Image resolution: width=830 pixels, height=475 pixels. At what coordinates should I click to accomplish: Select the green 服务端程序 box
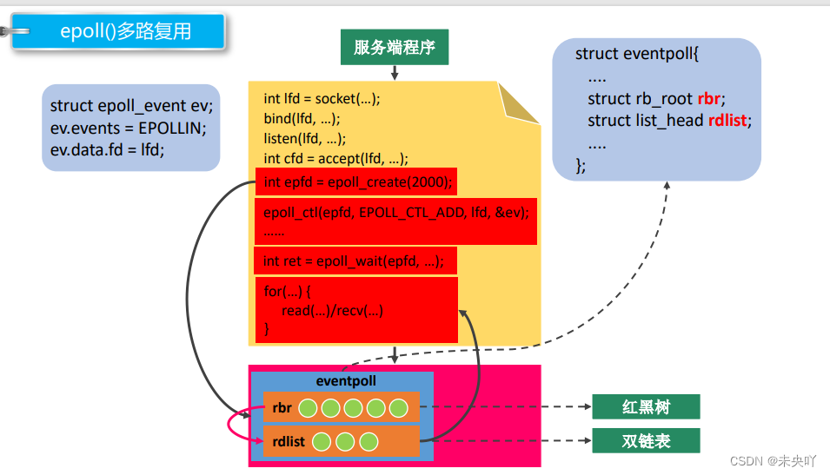(394, 47)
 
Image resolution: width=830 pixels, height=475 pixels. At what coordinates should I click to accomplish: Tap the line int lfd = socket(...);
(322, 98)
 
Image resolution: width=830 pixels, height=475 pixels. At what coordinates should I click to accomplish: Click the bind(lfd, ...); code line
(302, 118)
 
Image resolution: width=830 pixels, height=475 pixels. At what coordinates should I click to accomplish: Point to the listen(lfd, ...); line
(304, 138)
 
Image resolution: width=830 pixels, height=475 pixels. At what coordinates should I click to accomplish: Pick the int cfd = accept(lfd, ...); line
(335, 158)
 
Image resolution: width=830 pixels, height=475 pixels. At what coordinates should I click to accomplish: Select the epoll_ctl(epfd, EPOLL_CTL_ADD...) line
(395, 213)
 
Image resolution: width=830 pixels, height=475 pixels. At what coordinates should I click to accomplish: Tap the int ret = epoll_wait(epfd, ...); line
(354, 261)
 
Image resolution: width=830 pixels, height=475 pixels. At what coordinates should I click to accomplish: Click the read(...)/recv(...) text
(332, 311)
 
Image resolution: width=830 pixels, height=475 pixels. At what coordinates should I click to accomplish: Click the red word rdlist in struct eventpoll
(727, 121)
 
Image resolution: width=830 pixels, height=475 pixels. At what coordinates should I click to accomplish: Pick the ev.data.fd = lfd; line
(107, 149)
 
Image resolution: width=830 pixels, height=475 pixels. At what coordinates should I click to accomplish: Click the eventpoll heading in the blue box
(346, 381)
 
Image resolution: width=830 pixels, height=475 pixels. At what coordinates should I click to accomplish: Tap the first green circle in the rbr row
(308, 407)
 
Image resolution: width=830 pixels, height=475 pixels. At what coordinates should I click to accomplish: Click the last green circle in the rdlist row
(369, 441)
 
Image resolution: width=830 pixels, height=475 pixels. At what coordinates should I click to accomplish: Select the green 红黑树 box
(646, 406)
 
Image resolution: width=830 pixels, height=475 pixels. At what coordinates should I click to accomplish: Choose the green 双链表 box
(646, 440)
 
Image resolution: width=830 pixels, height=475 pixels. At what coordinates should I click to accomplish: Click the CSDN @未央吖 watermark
(773, 460)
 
